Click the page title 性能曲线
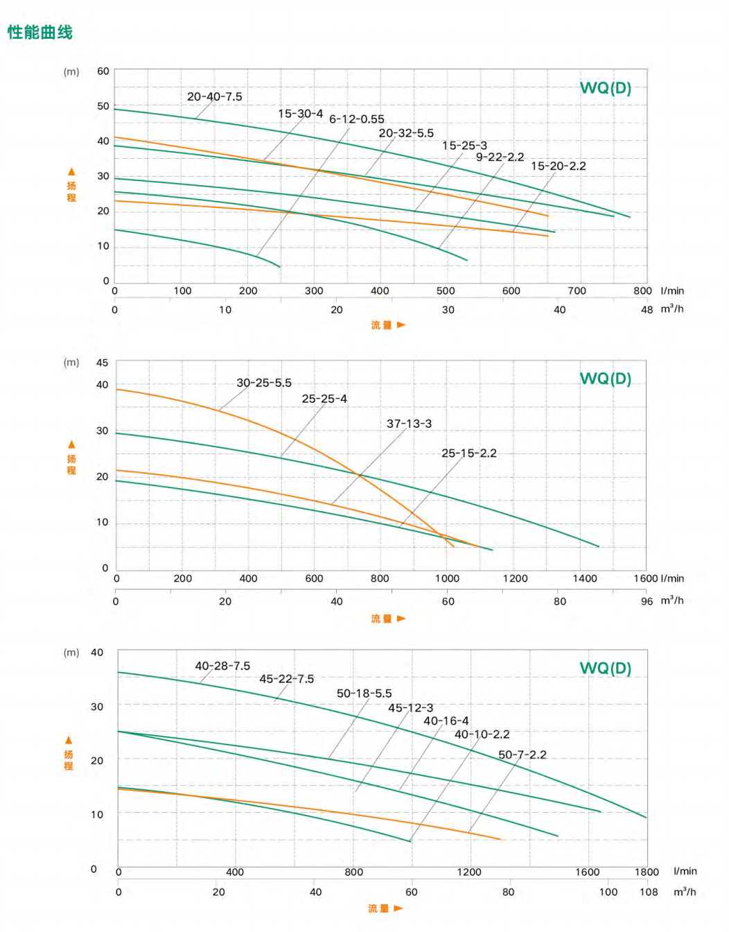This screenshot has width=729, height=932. tap(39, 33)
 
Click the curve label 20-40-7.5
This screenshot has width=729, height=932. tap(214, 97)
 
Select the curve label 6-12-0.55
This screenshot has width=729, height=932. tap(356, 119)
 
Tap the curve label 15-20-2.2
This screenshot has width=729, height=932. tap(558, 166)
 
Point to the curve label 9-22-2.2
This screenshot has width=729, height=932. tap(500, 157)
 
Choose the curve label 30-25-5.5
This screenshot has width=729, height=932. tap(263, 383)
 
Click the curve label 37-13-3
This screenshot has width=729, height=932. tap(409, 424)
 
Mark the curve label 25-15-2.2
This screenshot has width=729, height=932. tap(468, 454)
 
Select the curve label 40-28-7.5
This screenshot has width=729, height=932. tap(222, 666)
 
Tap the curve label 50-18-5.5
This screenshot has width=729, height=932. tap(364, 693)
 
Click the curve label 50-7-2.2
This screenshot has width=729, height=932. tap(522, 754)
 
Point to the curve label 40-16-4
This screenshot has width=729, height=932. tap(446, 721)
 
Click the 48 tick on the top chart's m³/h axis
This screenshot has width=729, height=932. tap(647, 310)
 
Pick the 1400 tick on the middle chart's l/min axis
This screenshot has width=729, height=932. tap(584, 578)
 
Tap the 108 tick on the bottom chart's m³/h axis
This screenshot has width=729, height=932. tap(649, 892)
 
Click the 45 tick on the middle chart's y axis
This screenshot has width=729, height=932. tap(103, 363)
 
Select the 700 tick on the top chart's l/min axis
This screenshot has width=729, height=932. tap(577, 291)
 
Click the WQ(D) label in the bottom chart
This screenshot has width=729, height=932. tap(605, 668)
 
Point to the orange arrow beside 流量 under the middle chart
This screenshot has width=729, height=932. tap(401, 619)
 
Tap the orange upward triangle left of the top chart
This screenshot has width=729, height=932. tap(71, 171)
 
